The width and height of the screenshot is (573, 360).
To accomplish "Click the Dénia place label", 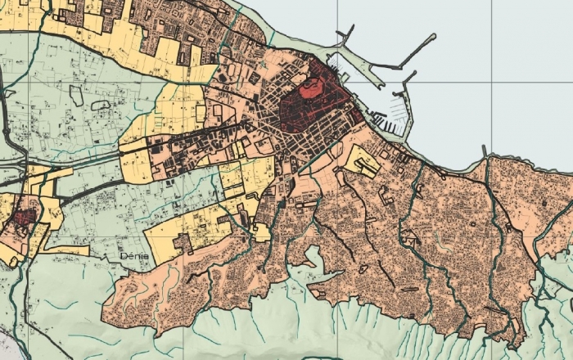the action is click(x=133, y=256).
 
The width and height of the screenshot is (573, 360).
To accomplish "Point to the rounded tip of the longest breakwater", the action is click(x=435, y=38).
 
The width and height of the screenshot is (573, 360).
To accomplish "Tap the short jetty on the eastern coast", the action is click(x=484, y=151).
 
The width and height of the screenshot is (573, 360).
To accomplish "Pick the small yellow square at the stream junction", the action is click(x=262, y=232).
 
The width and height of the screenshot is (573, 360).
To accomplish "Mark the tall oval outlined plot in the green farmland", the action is click(x=75, y=95).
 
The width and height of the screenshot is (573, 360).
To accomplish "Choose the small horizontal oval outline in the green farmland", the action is click(x=101, y=106).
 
